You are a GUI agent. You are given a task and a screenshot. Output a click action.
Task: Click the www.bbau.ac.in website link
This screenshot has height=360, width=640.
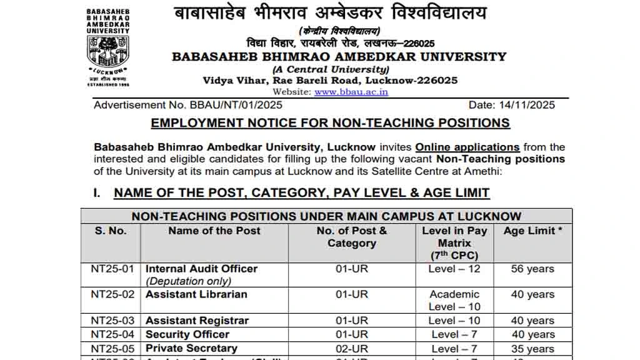[351, 92]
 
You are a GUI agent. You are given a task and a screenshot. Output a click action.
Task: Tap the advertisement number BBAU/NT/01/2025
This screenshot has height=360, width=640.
[188, 105]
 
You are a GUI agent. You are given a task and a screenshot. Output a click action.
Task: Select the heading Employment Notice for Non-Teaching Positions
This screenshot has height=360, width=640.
[330, 123]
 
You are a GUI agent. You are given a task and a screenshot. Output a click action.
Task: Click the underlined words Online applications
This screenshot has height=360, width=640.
[467, 147]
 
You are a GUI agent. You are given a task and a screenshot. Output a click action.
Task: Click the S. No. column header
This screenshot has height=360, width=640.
[111, 231]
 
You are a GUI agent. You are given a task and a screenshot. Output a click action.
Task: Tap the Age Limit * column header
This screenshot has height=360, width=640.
[532, 231]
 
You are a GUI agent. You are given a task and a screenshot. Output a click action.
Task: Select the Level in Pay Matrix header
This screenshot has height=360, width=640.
[454, 242]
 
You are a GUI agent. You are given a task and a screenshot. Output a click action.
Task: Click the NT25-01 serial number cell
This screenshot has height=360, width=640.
[112, 269]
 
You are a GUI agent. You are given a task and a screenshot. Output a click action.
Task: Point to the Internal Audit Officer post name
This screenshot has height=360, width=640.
[201, 269]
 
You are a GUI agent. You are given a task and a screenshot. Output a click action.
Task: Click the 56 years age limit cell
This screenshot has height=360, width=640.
[532, 269]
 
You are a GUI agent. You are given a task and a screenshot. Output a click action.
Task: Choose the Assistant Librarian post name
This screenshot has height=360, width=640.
[196, 294]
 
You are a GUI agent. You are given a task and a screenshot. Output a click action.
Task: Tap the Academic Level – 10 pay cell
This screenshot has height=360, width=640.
[454, 301]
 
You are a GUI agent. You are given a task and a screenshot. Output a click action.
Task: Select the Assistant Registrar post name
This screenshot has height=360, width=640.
[197, 321]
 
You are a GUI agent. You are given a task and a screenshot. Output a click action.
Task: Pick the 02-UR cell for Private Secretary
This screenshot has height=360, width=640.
[352, 349]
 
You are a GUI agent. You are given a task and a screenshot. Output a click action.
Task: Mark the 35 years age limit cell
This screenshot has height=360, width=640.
[532, 349]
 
